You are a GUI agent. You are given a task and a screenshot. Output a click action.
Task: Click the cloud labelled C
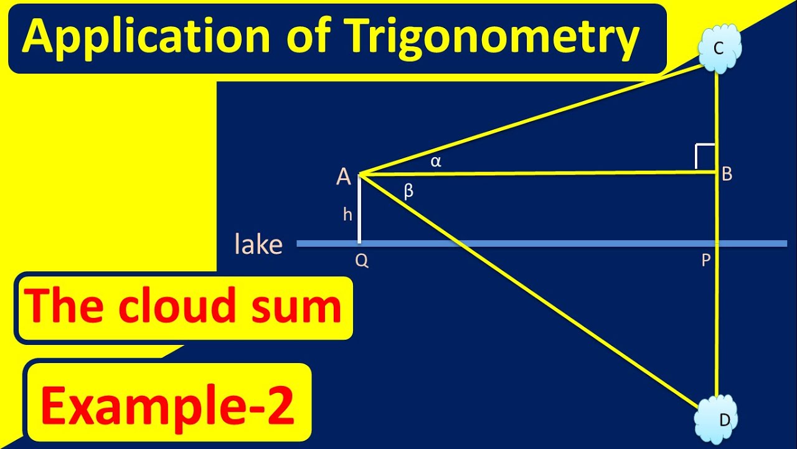719,49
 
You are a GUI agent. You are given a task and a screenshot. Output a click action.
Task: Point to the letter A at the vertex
344,178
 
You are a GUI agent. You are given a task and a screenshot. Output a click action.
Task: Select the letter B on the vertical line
727,175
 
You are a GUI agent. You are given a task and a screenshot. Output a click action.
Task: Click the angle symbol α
436,162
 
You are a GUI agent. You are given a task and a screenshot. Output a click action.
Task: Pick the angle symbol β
408,191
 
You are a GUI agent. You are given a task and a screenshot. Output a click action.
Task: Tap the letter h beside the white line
347,215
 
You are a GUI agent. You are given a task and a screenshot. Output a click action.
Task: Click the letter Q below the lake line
362,261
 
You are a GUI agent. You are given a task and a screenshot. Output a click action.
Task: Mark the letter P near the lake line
706,261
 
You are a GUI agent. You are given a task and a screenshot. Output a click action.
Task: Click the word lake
258,244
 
